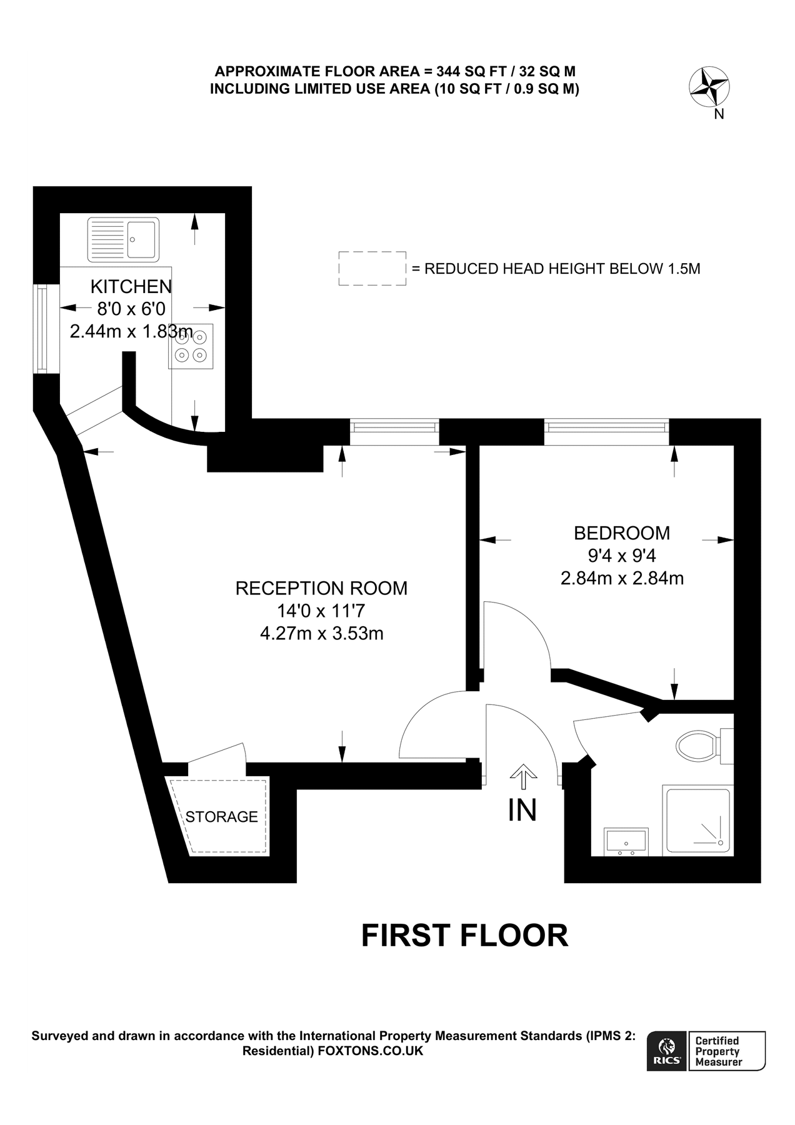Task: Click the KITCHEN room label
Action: (131, 286)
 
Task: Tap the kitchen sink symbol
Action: (123, 239)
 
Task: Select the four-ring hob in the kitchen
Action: (191, 346)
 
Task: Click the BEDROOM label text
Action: (621, 533)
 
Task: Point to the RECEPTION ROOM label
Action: (321, 588)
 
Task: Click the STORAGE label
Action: (221, 817)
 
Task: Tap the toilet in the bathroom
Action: (699, 746)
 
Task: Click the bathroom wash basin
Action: (626, 841)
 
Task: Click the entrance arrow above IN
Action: (523, 777)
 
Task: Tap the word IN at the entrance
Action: (522, 811)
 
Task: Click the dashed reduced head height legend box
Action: (372, 269)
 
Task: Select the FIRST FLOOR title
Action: (464, 936)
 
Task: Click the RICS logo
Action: (667, 1051)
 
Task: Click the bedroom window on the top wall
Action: (606, 427)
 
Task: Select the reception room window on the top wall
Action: (394, 427)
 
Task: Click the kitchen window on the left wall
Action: (42, 329)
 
